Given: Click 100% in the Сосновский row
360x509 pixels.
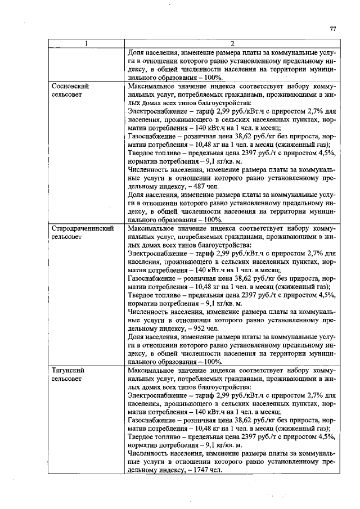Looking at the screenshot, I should (x=213, y=219).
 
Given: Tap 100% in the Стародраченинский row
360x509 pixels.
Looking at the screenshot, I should (x=213, y=361).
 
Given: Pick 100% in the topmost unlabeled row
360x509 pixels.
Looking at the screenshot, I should (x=213, y=78).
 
